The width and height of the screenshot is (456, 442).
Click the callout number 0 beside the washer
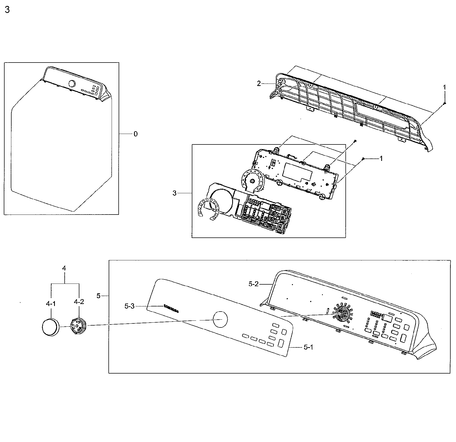coord(136,134)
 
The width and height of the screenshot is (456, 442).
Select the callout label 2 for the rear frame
coord(259,84)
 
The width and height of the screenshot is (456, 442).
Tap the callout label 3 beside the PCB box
coord(175,193)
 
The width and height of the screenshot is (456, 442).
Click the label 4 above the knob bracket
coord(64,268)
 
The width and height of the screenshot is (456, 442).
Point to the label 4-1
coord(51,304)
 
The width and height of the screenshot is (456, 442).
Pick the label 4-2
coord(79,302)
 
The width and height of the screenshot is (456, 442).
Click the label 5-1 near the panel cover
coord(308,347)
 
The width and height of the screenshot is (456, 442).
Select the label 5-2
coord(254,284)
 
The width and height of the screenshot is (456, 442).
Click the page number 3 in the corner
coord(7,10)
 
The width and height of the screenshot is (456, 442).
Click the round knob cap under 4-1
coord(50,326)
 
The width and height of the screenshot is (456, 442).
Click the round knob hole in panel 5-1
coord(220,319)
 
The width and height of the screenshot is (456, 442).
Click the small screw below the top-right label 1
coord(444,103)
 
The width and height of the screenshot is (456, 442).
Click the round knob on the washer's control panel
coord(72,84)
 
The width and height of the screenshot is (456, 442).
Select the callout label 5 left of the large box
coord(98,296)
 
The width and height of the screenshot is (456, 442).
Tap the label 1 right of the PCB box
coord(381,159)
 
